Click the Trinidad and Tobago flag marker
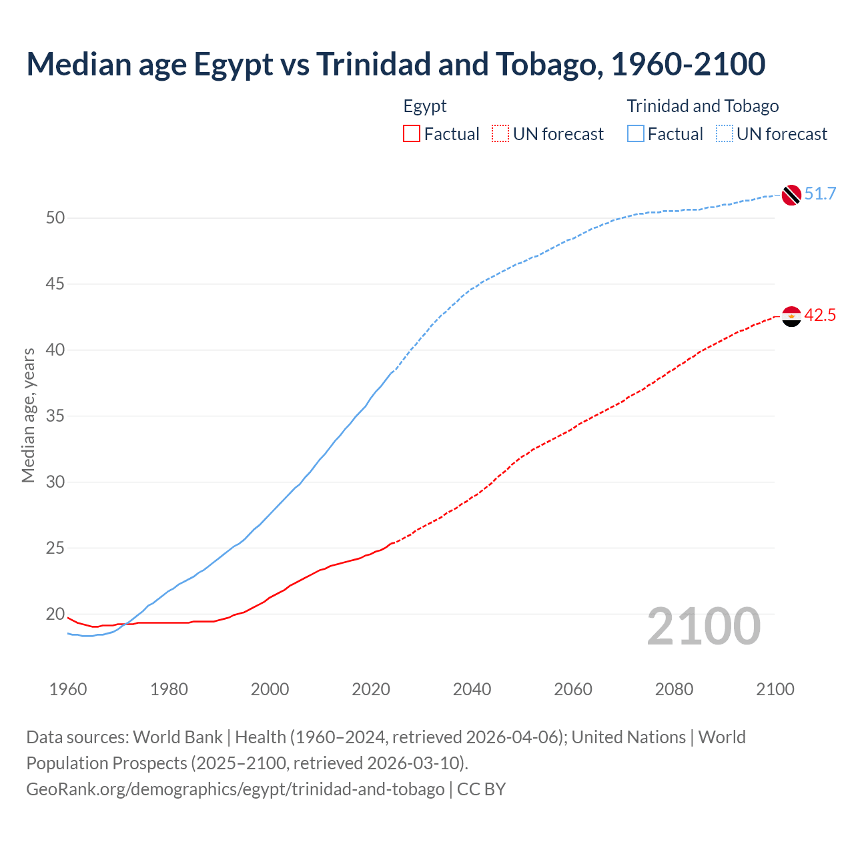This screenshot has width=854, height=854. (791, 194)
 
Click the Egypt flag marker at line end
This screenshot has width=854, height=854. (791, 316)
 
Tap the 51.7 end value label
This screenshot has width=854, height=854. (820, 194)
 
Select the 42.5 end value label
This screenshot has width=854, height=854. (820, 316)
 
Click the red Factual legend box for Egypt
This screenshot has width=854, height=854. (412, 134)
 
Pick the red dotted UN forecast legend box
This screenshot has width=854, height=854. (500, 134)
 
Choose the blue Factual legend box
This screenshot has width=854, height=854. (636, 134)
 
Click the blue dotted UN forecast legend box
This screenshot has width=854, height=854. (725, 134)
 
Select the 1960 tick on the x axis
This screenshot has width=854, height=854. (68, 689)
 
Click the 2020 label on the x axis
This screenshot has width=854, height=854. (371, 689)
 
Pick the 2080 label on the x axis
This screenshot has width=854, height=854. (674, 689)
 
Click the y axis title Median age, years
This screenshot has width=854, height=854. (28, 415)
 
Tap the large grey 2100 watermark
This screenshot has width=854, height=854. (703, 626)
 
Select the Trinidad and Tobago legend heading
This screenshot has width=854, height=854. (703, 106)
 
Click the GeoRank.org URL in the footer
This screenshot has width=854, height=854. (235, 789)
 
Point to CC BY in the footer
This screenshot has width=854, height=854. (482, 789)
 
